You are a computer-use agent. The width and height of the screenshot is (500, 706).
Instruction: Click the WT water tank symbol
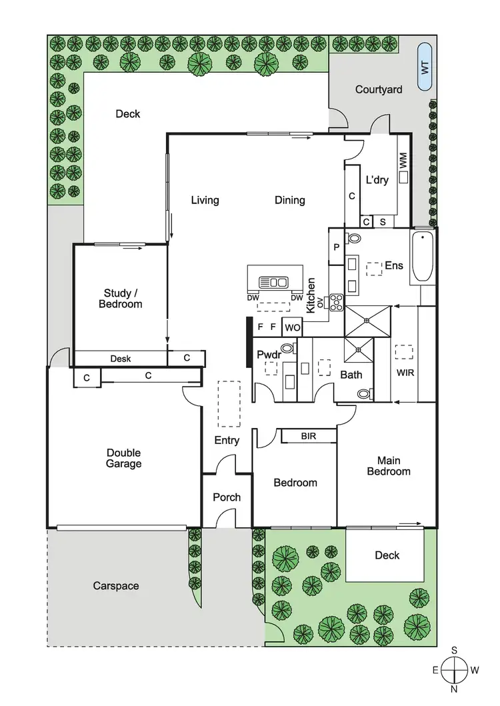(424, 67)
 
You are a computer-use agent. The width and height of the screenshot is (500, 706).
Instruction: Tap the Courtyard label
(378, 89)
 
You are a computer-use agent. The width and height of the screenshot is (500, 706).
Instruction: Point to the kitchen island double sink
(273, 281)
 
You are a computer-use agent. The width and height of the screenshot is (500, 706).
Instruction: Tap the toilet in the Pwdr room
(288, 347)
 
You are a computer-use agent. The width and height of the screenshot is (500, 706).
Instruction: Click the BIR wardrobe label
(308, 437)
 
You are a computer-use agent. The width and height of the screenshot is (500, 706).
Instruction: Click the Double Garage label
(123, 458)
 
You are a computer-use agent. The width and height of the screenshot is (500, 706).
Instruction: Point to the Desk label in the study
(120, 359)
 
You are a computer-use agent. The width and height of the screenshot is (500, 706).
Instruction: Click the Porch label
(227, 497)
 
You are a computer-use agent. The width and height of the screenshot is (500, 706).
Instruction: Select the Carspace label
(116, 585)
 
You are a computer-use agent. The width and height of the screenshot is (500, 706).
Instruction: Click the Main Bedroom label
(393, 465)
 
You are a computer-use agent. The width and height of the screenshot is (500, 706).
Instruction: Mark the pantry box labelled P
(335, 247)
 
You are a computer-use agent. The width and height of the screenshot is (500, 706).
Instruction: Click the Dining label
(290, 200)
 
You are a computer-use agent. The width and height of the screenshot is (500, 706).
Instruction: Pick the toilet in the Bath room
(364, 394)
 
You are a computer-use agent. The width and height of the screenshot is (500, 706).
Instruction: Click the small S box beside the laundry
(383, 222)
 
